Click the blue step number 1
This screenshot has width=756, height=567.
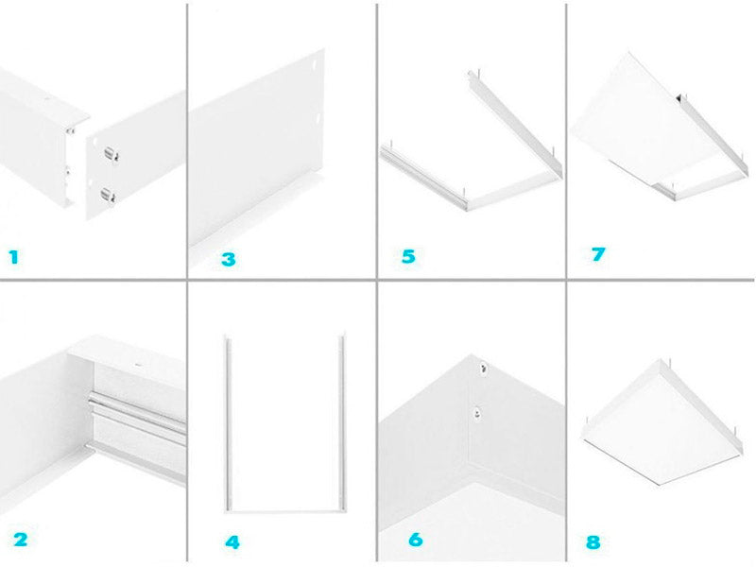[x=13, y=257]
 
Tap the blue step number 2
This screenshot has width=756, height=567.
[x=20, y=540]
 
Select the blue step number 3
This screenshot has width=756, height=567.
[x=229, y=259]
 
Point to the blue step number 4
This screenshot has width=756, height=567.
[x=232, y=542]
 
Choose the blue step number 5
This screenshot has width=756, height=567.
[x=408, y=256]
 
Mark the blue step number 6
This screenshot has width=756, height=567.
[x=416, y=539]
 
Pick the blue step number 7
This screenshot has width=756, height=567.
[x=598, y=254]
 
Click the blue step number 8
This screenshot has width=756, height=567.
[x=593, y=542]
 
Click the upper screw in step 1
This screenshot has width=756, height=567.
[x=111, y=154]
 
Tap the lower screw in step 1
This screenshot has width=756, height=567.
[x=108, y=195]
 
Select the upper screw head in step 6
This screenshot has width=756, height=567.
[x=483, y=369]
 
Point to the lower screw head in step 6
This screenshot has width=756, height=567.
[x=477, y=412]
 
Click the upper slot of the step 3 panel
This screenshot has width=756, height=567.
[x=314, y=63]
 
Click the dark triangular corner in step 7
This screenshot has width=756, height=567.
[x=679, y=98]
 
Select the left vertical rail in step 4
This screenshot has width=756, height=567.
[x=228, y=422]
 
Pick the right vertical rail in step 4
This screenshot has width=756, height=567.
[x=343, y=422]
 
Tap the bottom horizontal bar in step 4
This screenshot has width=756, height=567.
[x=285, y=511]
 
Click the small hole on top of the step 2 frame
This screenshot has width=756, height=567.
[x=138, y=365]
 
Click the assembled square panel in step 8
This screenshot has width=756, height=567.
[x=661, y=421]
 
